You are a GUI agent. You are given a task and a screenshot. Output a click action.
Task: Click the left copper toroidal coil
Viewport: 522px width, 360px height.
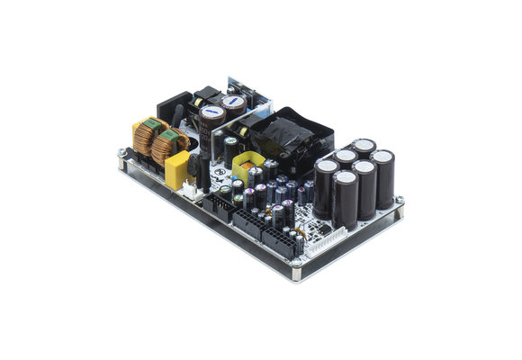pos(143,138)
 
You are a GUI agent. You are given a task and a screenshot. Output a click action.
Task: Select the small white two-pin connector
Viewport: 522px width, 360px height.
pos(192,190)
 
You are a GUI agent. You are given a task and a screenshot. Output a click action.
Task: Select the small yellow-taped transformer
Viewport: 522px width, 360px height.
pos(245,167)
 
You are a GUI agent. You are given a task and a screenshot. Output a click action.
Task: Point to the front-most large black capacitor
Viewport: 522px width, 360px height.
pos(345,201)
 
